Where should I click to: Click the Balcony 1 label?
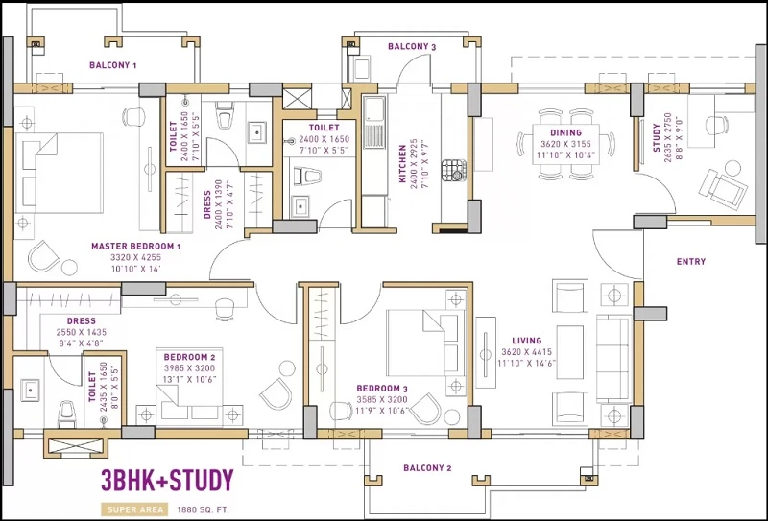click(x=112, y=65)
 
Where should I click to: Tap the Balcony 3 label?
click(x=412, y=46)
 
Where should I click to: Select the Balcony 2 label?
click(x=427, y=467)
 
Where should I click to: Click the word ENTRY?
click(x=691, y=262)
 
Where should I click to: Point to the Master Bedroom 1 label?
click(x=136, y=246)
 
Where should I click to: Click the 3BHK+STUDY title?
click(x=167, y=481)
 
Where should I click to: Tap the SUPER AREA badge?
click(x=134, y=509)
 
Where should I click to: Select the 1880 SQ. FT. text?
click(x=203, y=509)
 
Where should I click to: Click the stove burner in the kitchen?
click(x=453, y=170)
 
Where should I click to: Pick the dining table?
click(x=565, y=144)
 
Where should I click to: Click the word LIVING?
click(x=527, y=341)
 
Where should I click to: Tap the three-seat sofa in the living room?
click(x=612, y=359)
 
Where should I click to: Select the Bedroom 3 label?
click(x=382, y=389)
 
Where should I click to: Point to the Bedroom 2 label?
click(x=189, y=357)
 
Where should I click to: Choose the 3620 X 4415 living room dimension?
click(x=526, y=351)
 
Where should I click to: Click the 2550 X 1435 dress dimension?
click(x=82, y=332)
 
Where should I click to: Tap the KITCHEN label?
click(x=402, y=163)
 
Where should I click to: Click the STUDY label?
click(x=657, y=137)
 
